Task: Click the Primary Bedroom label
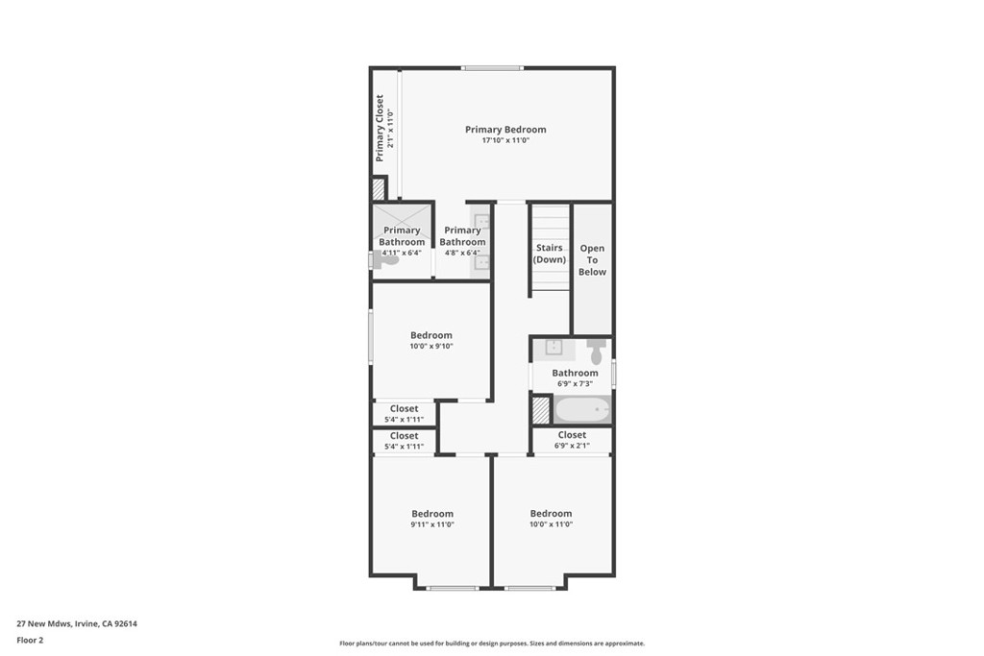pos(505,130)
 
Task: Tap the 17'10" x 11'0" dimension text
pos(505,141)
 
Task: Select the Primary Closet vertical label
pos(380,128)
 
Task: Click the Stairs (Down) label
pos(550,254)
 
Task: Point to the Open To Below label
pos(592,260)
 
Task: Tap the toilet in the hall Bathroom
pos(596,351)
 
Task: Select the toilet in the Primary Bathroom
pos(385,259)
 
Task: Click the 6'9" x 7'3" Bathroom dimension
pos(575,383)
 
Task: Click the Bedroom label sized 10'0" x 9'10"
pos(431,335)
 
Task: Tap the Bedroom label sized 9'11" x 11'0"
pos(432,514)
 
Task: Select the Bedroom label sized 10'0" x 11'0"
pos(551,514)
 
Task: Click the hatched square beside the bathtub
pos(541,410)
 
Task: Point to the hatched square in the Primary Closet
pos(379,188)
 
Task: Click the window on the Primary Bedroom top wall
pos(491,68)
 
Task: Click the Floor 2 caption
pos(30,640)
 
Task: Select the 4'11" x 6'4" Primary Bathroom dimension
pos(402,253)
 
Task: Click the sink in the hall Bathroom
pos(554,348)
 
